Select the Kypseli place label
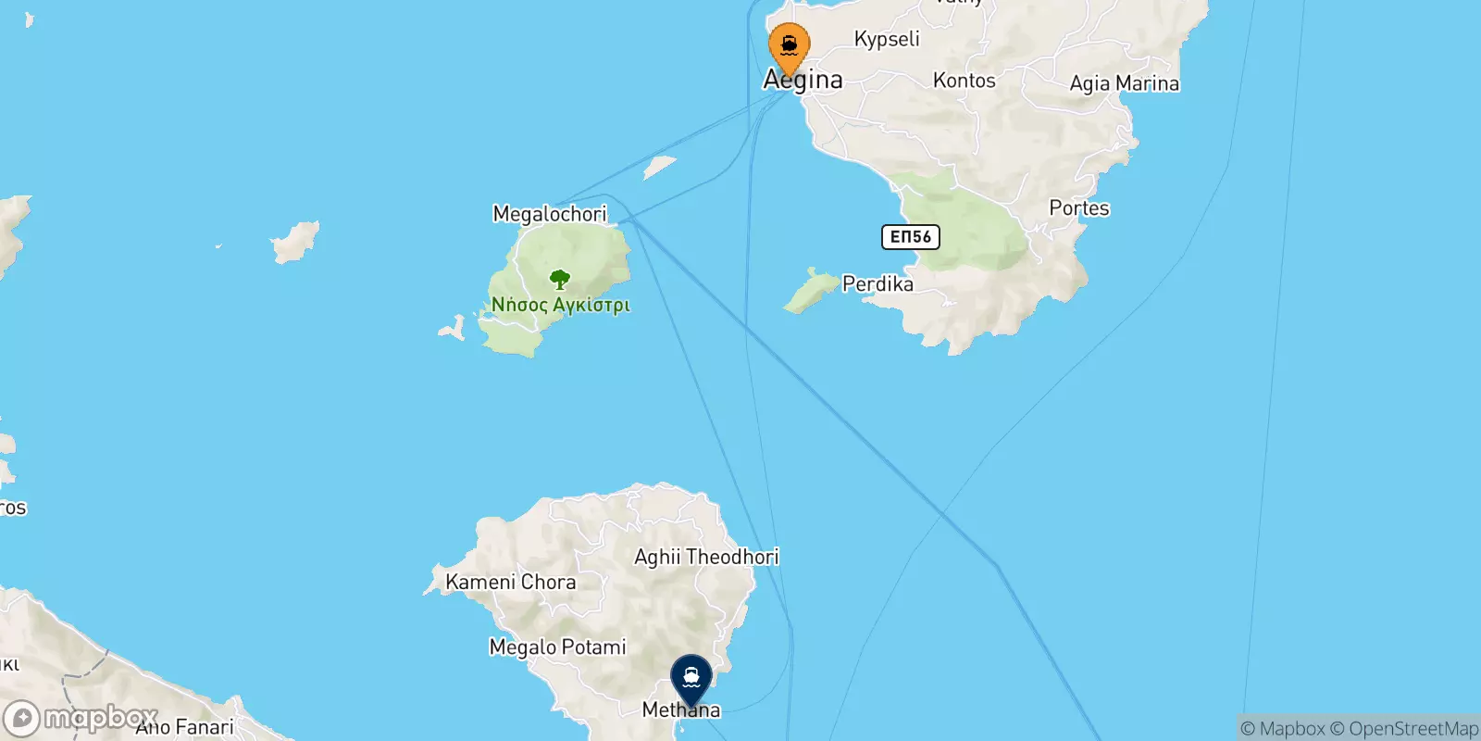887,39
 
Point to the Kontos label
964,81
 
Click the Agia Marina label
1124,83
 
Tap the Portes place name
1078,208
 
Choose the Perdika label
877,283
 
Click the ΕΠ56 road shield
910,237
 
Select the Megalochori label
550,214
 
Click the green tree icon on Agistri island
559,279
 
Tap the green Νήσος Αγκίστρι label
560,305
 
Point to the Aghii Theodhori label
706,557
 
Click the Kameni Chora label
510,582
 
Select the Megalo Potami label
557,647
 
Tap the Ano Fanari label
185,727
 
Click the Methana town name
681,710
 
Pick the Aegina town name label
803,81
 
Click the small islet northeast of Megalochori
659,167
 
